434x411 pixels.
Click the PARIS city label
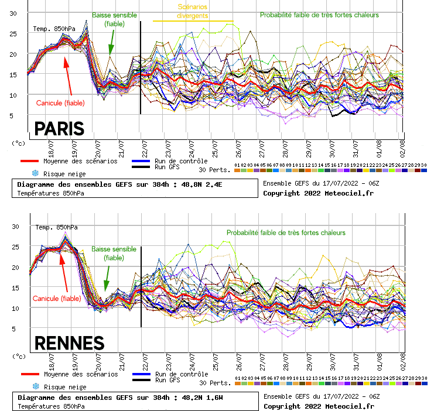[59, 128]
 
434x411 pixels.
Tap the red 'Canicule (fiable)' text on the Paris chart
[60, 103]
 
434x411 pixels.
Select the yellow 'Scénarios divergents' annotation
[193, 12]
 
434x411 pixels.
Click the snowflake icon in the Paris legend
[35, 174]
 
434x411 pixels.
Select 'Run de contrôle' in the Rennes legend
[183, 374]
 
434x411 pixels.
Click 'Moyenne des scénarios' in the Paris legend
[80, 161]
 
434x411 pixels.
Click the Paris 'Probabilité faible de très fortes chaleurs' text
[319, 15]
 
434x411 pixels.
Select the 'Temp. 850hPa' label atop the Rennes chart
[54, 227]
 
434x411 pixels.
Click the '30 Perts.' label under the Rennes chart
[214, 383]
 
